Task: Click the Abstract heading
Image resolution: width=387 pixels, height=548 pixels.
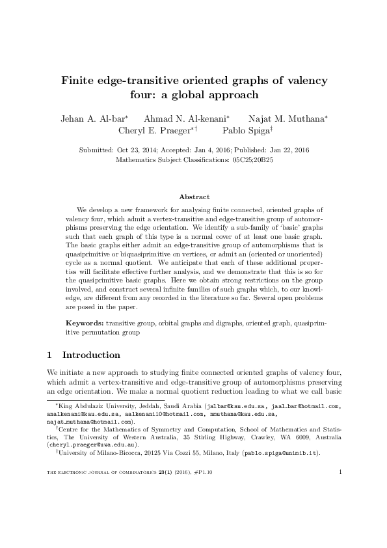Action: pos(193,197)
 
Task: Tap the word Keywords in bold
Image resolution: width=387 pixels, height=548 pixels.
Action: pos(86,323)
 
